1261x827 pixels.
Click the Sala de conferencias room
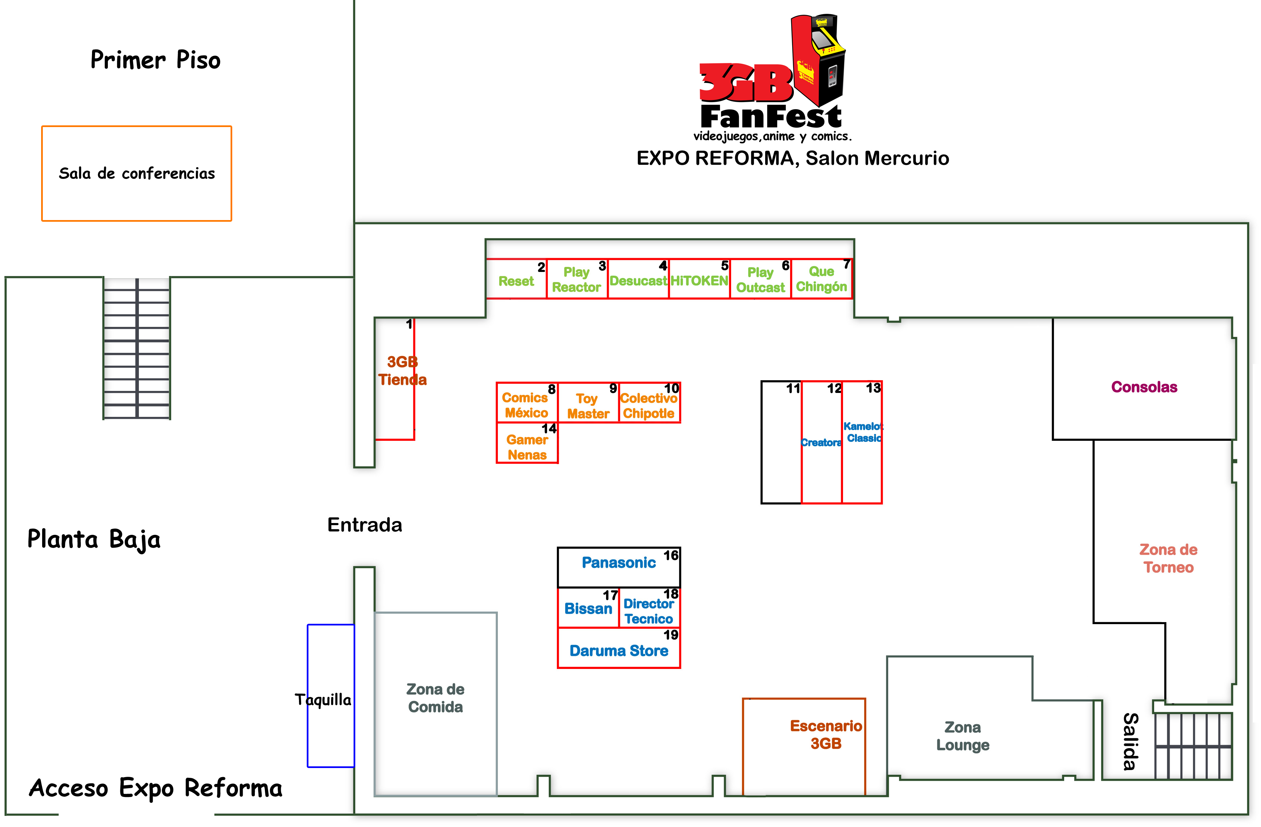(137, 173)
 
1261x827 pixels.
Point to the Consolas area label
(1144, 387)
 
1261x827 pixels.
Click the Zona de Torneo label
(1168, 558)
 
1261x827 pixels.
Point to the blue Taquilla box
(331, 696)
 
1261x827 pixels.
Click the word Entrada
(364, 525)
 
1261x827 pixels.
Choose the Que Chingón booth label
(821, 279)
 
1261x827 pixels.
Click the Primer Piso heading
(155, 60)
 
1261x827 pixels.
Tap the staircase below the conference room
(137, 348)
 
